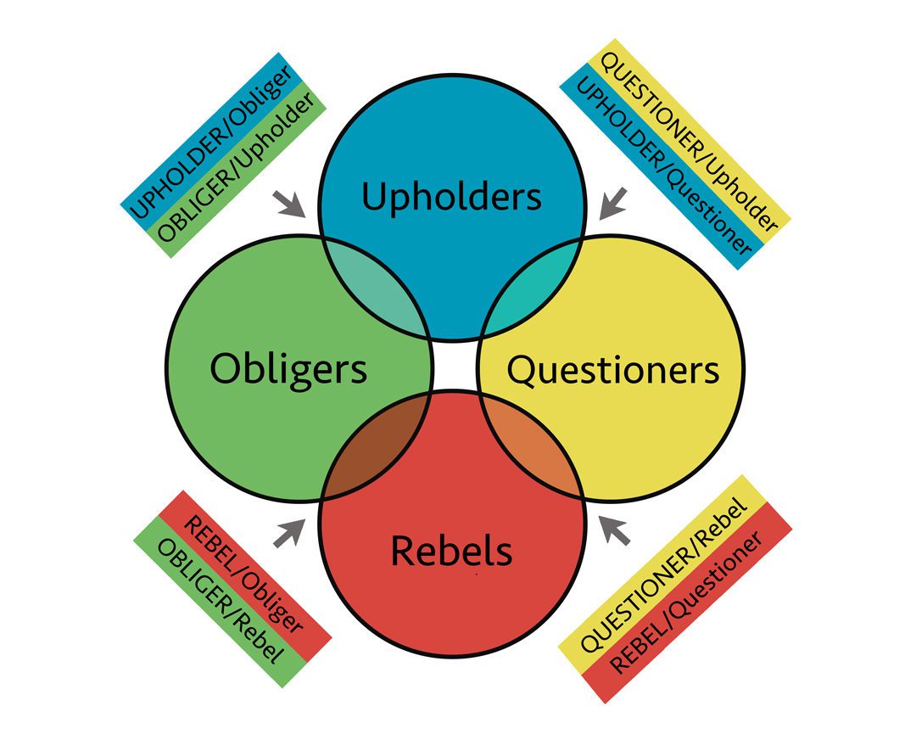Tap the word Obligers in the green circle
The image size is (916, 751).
(x=288, y=369)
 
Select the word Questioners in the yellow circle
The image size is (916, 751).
(x=612, y=370)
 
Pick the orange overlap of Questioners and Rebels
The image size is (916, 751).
(x=530, y=450)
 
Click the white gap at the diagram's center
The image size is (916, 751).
(x=451, y=367)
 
